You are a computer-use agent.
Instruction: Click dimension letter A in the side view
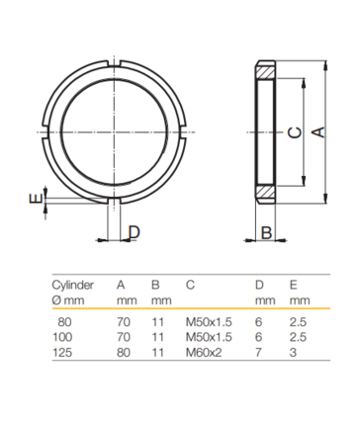point(318,132)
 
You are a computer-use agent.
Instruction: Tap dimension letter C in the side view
point(295,132)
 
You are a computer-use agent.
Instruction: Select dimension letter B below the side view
point(266,232)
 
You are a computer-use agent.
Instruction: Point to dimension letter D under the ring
point(135,232)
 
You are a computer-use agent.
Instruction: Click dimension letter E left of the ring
point(36,199)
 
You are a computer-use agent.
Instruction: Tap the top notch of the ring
point(114,63)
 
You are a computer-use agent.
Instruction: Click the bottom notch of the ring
point(114,201)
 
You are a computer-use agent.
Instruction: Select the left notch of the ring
point(45,132)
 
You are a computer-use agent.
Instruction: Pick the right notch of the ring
point(183,132)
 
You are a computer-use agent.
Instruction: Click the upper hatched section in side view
point(265,72)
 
